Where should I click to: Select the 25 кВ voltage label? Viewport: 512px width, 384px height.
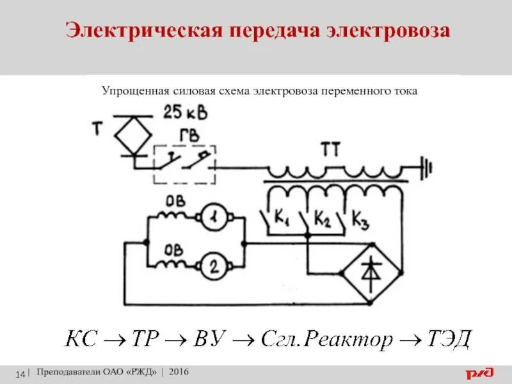pyautogui.click(x=185, y=113)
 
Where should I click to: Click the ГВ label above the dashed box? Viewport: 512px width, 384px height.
pyautogui.click(x=189, y=136)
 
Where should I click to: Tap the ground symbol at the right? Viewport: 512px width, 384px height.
pyautogui.click(x=425, y=168)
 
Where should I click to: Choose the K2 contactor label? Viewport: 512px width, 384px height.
pyautogui.click(x=322, y=221)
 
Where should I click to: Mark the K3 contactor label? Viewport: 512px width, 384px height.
pyautogui.click(x=361, y=221)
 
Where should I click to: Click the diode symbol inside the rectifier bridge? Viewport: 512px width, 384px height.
pyautogui.click(x=371, y=271)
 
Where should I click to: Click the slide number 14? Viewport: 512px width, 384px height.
pyautogui.click(x=20, y=373)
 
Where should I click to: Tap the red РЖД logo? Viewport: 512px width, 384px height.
pyautogui.click(x=480, y=372)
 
